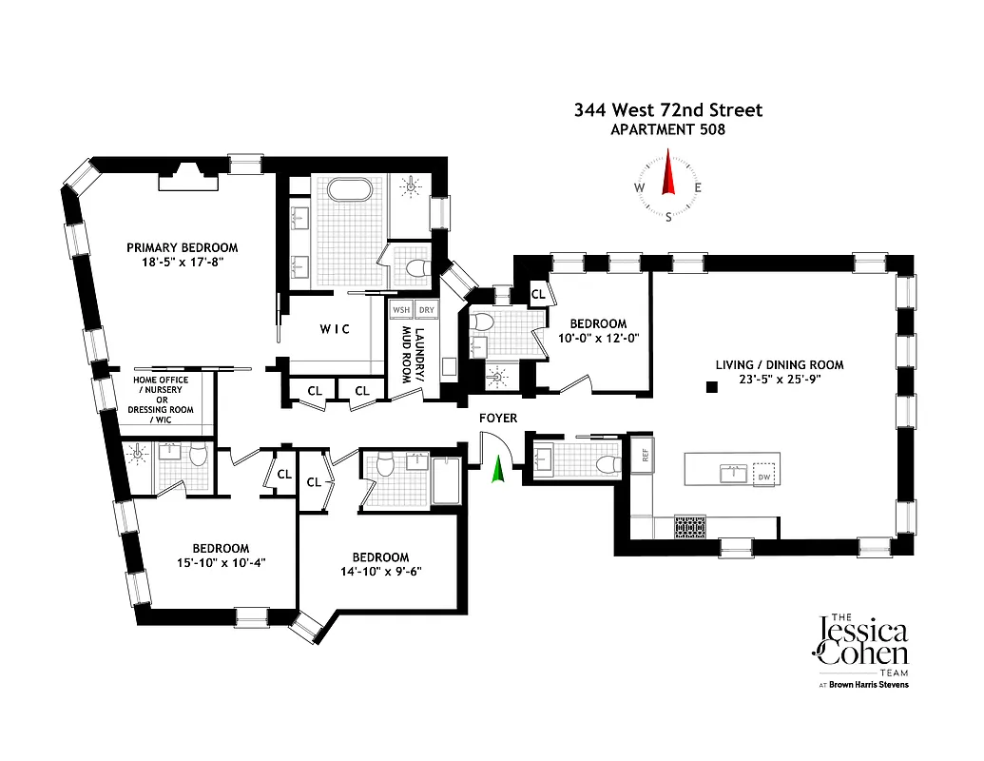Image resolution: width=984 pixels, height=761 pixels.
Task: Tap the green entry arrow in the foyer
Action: point(496,469)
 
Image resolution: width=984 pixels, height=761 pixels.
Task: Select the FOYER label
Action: point(497,418)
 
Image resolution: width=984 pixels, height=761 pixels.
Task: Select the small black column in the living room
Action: point(710,387)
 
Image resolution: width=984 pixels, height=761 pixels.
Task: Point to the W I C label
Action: point(334,329)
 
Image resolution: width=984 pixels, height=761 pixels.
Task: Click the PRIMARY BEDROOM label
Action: point(182,247)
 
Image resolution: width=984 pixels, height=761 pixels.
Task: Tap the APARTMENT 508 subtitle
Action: point(667,129)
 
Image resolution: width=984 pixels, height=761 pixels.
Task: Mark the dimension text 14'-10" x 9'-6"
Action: point(380,573)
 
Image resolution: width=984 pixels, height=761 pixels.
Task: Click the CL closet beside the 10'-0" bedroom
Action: point(538,294)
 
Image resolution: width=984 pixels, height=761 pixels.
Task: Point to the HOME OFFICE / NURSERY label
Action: point(161,385)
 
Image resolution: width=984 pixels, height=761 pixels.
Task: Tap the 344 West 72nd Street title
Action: point(667,110)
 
